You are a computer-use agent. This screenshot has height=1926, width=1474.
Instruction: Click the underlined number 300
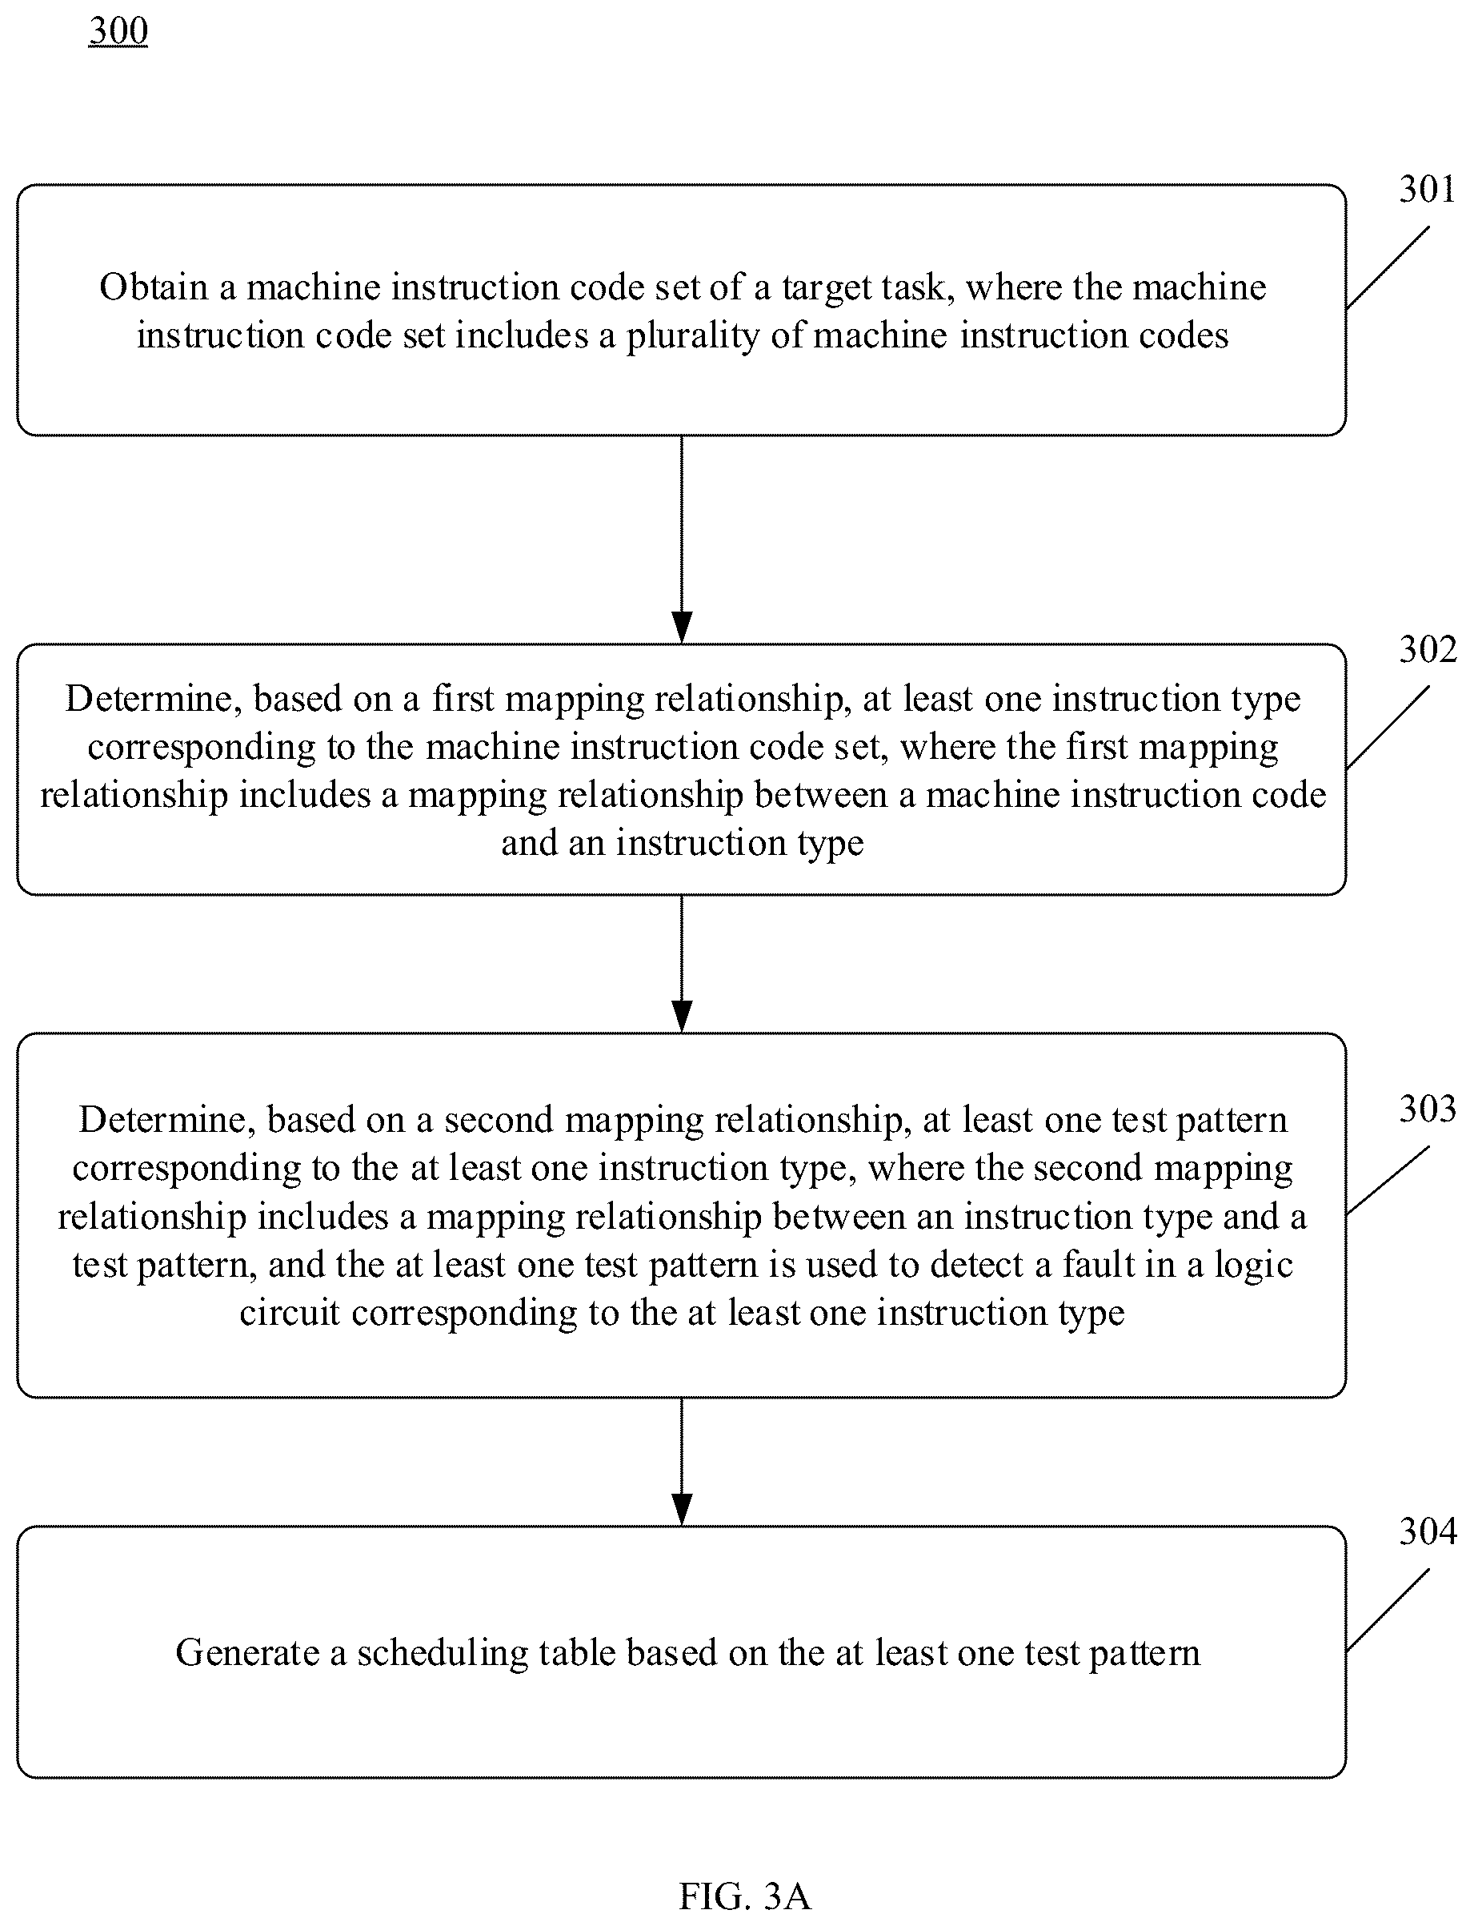point(118,31)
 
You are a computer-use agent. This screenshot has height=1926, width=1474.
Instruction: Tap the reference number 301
point(1427,190)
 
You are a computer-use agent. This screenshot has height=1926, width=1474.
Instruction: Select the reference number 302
point(1427,649)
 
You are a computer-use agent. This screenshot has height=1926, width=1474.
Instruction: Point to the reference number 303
point(1427,1109)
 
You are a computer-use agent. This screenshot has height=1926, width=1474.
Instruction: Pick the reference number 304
point(1427,1531)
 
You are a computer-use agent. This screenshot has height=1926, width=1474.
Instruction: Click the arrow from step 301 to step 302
point(682,540)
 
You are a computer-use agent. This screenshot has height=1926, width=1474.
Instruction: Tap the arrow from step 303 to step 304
point(682,1462)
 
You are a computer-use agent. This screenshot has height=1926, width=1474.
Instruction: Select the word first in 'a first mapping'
point(463,699)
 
